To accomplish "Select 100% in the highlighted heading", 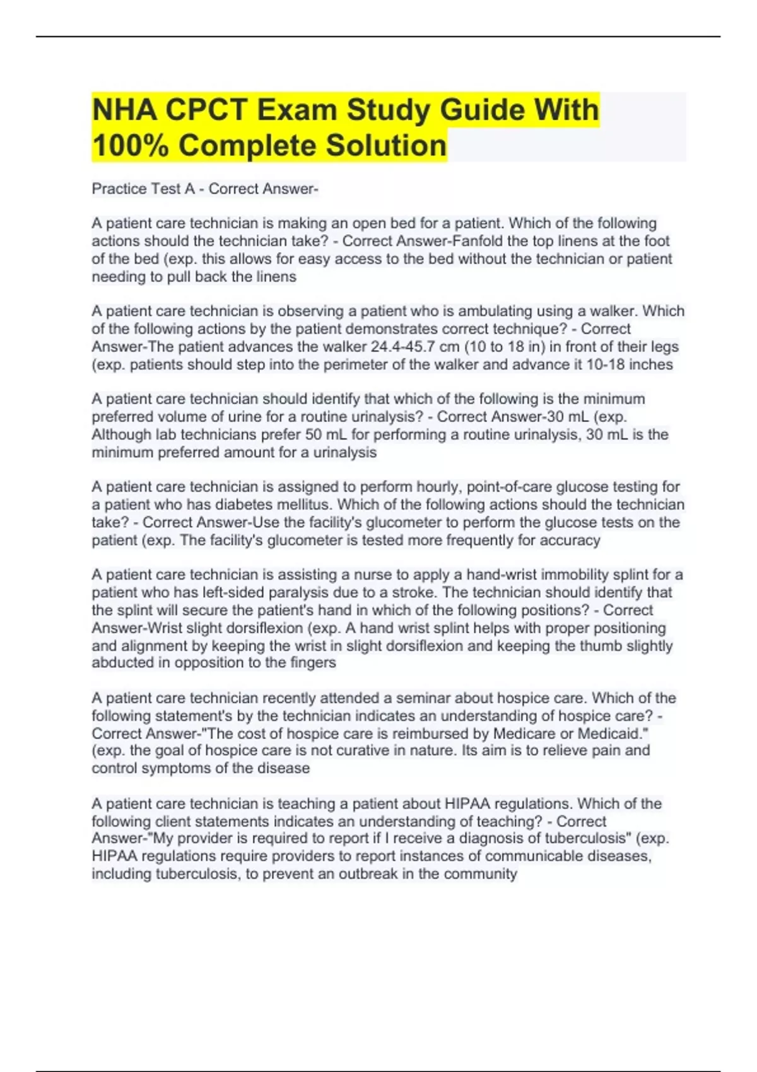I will click(130, 146).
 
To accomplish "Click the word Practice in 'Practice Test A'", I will click(117, 189).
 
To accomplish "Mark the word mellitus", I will click(305, 504).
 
